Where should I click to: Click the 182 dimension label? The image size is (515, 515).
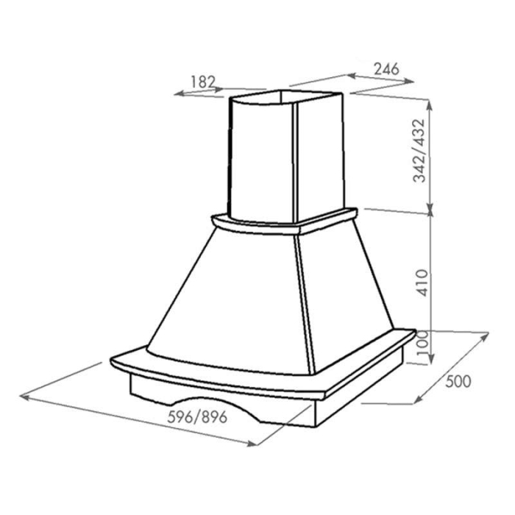coord(202,82)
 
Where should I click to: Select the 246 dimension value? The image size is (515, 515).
coord(386,69)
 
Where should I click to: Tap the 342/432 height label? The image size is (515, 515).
coord(419,151)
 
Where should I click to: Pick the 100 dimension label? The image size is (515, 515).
coord(423,343)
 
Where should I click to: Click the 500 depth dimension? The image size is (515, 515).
coord(458,381)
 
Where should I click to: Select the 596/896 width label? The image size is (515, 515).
coord(197,417)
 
